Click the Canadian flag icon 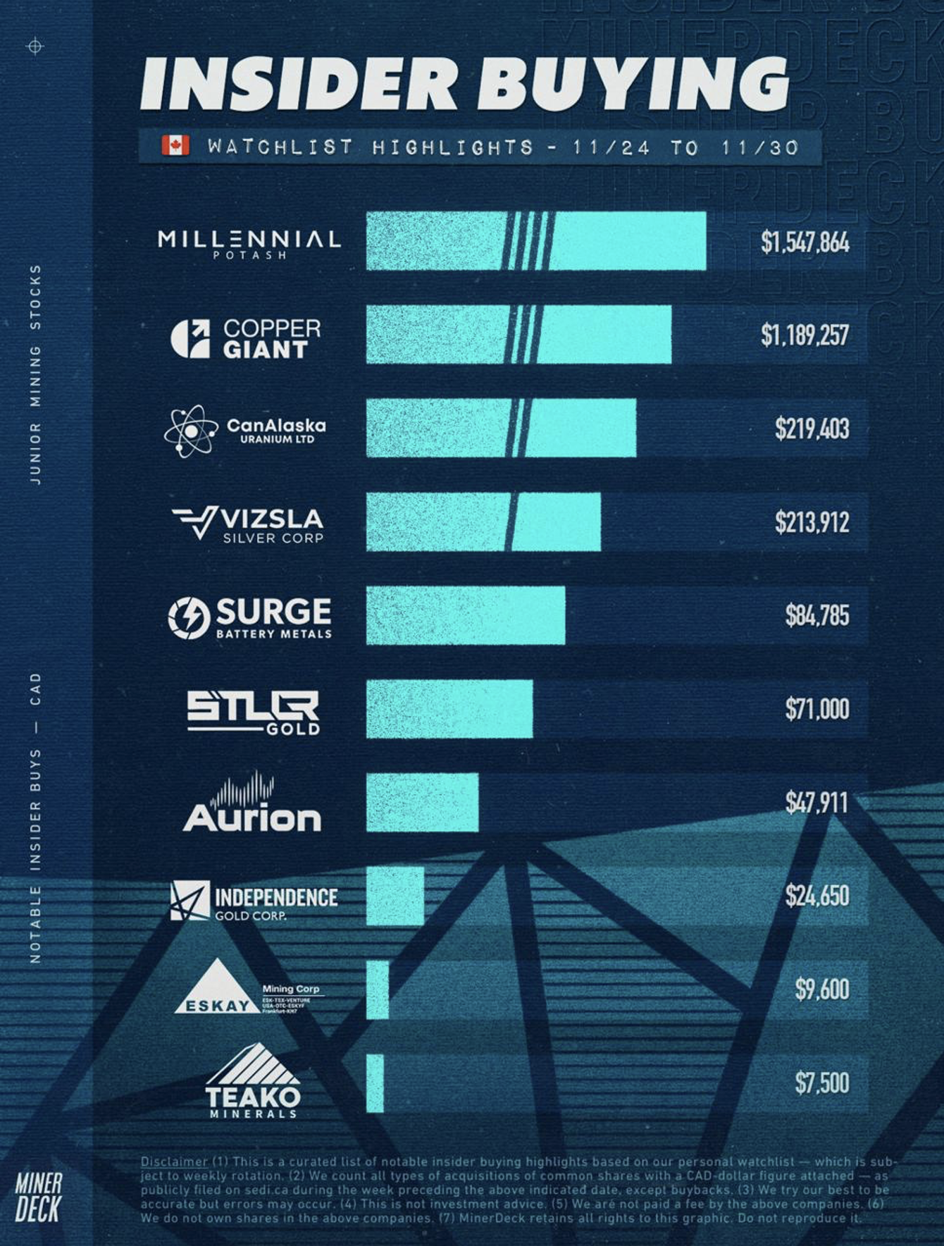point(175,145)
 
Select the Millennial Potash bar point(535,240)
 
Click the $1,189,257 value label point(805,335)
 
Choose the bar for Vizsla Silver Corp point(483,522)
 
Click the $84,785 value point(817,615)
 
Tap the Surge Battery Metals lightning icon point(189,617)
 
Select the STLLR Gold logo point(253,712)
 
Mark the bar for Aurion point(422,802)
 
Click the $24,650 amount point(817,896)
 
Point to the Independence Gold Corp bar point(395,896)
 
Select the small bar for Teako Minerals point(375,1083)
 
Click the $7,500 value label point(821,1082)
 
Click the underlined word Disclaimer point(174,1161)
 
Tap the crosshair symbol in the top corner point(35,47)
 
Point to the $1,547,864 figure point(805,242)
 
